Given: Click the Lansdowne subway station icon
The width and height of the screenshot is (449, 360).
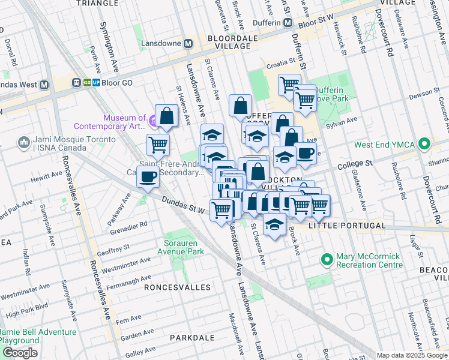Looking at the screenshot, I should coord(188,44).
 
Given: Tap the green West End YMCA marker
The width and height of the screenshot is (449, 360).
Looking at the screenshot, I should coord(425,144).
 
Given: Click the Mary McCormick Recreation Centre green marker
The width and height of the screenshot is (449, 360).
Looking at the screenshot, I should coord(327,260).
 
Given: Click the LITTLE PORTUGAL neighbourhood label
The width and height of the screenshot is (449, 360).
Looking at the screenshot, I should coord(346,226).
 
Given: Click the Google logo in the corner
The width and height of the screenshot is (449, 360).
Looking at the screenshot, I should coord(20,353).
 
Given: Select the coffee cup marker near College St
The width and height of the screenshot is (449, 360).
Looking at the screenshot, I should coord(306,154).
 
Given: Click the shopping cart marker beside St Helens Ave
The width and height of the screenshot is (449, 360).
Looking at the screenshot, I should coord(158,144).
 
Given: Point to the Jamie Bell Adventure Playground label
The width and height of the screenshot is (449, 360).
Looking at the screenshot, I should coord(39,336).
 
